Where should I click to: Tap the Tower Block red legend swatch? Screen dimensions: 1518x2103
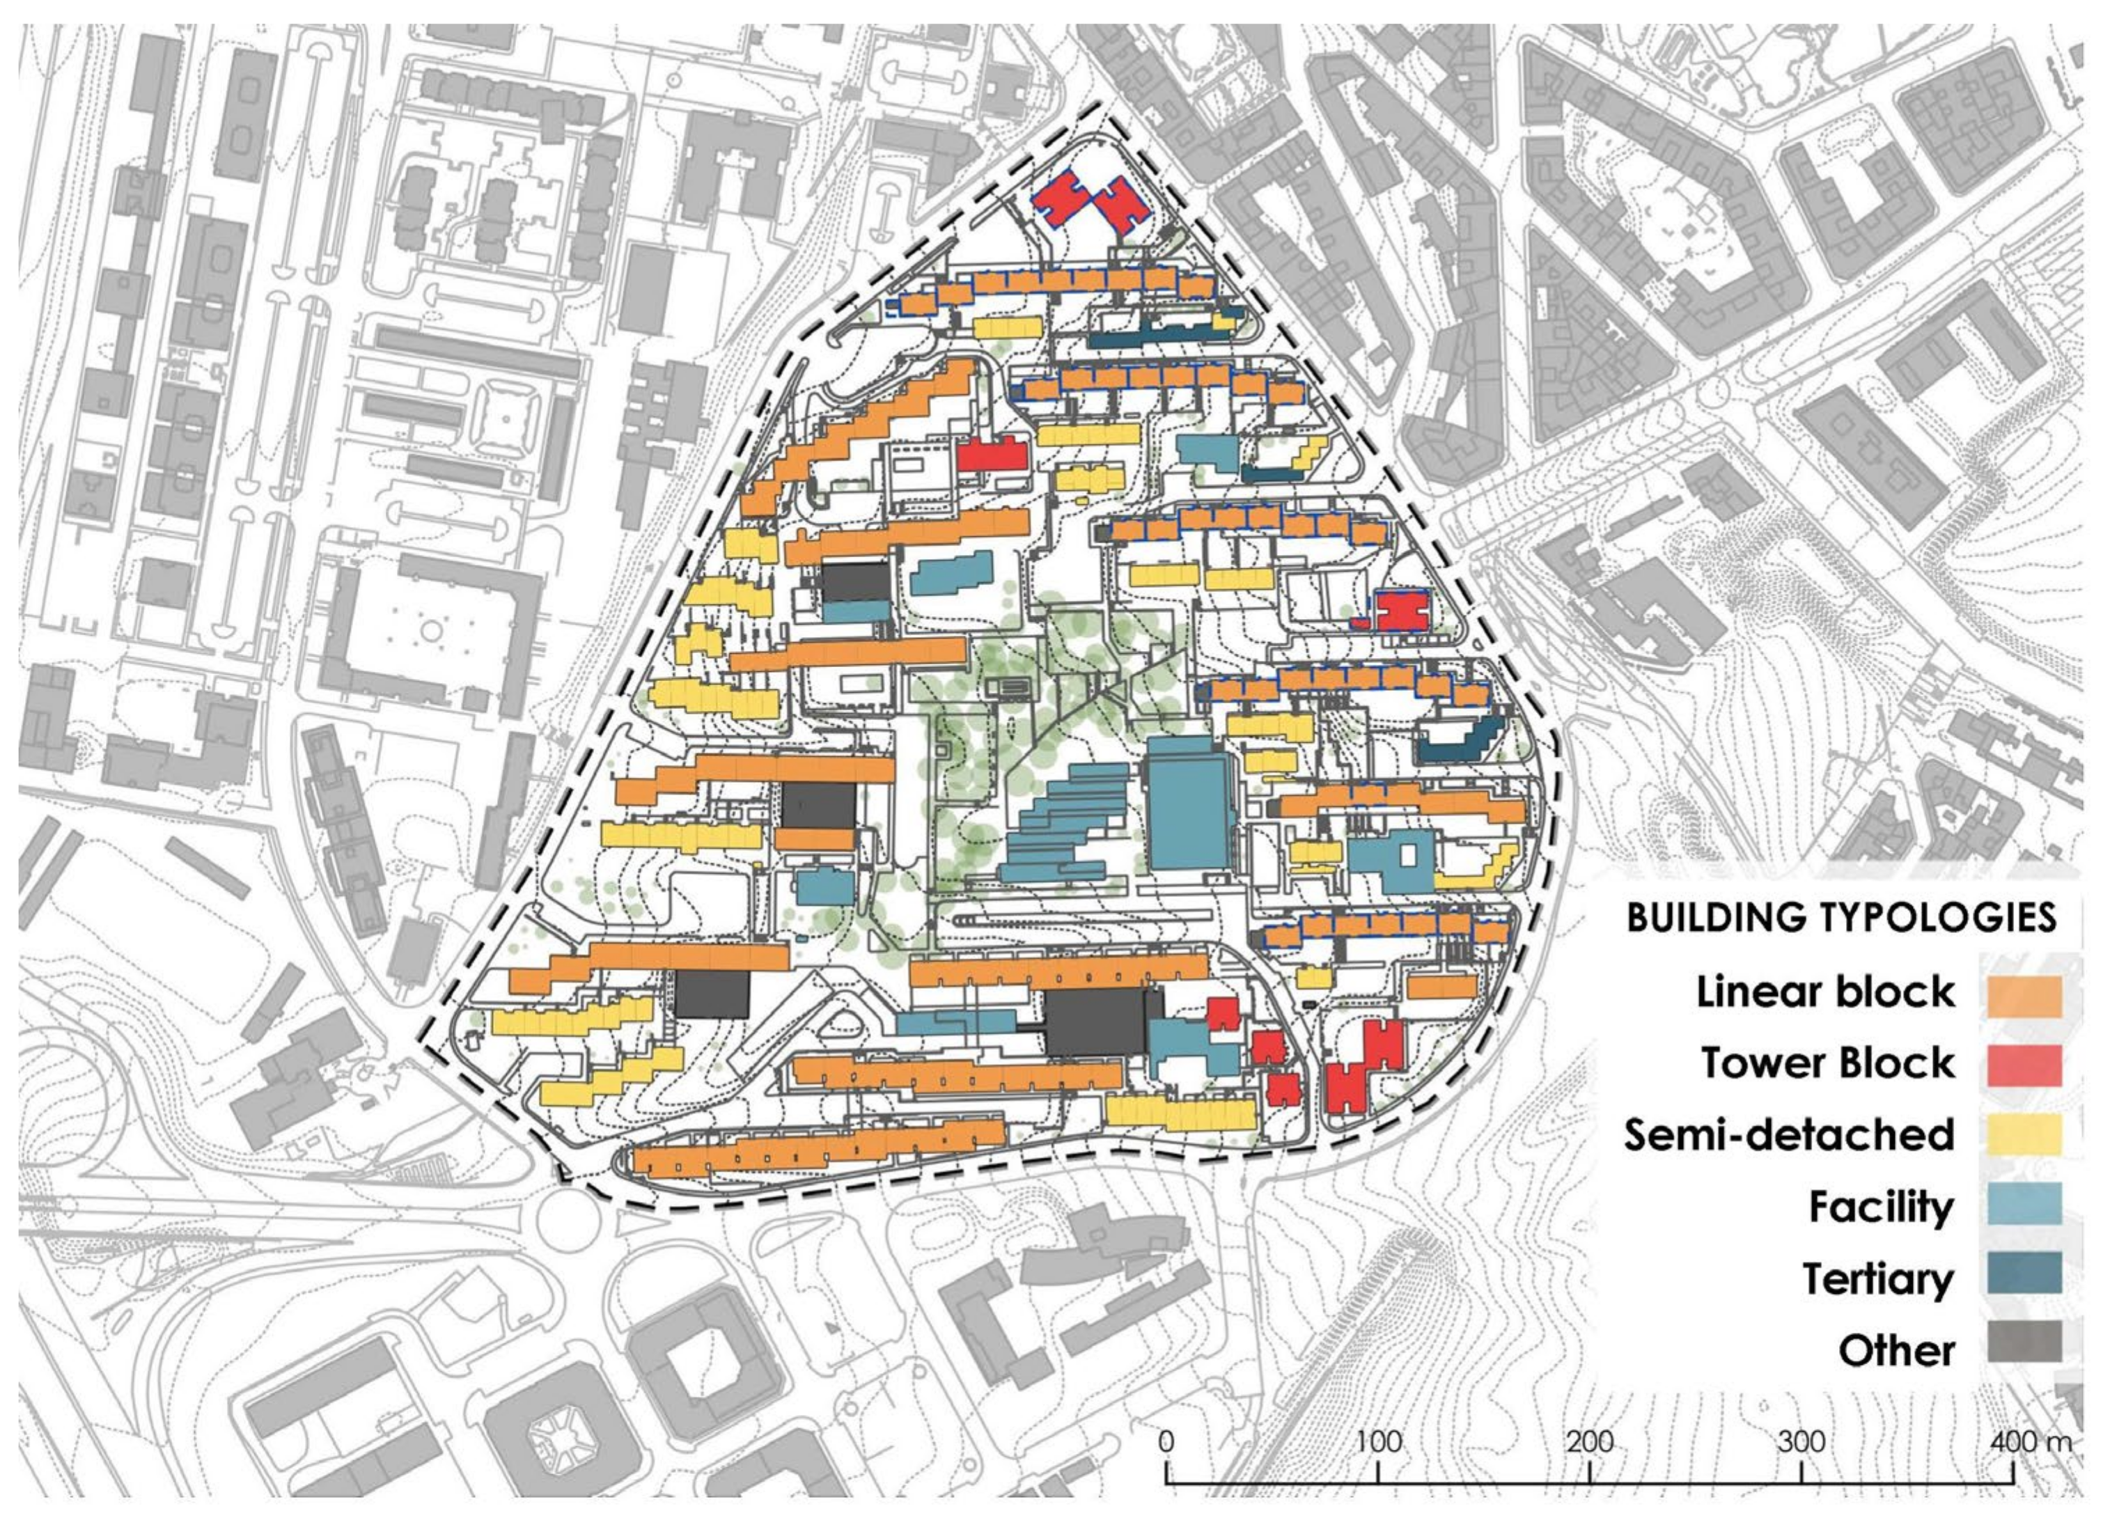point(2025,1065)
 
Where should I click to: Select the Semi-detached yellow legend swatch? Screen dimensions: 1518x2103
point(2025,1135)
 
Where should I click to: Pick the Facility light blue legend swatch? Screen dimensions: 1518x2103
point(2025,1205)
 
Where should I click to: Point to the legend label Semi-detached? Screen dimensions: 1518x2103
point(1789,1135)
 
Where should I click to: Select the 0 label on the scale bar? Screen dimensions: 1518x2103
point(1166,1442)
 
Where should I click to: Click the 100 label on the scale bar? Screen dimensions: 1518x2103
point(1378,1442)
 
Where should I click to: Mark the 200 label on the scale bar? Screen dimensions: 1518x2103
point(1589,1442)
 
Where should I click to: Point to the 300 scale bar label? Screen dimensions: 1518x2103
point(1801,1442)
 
